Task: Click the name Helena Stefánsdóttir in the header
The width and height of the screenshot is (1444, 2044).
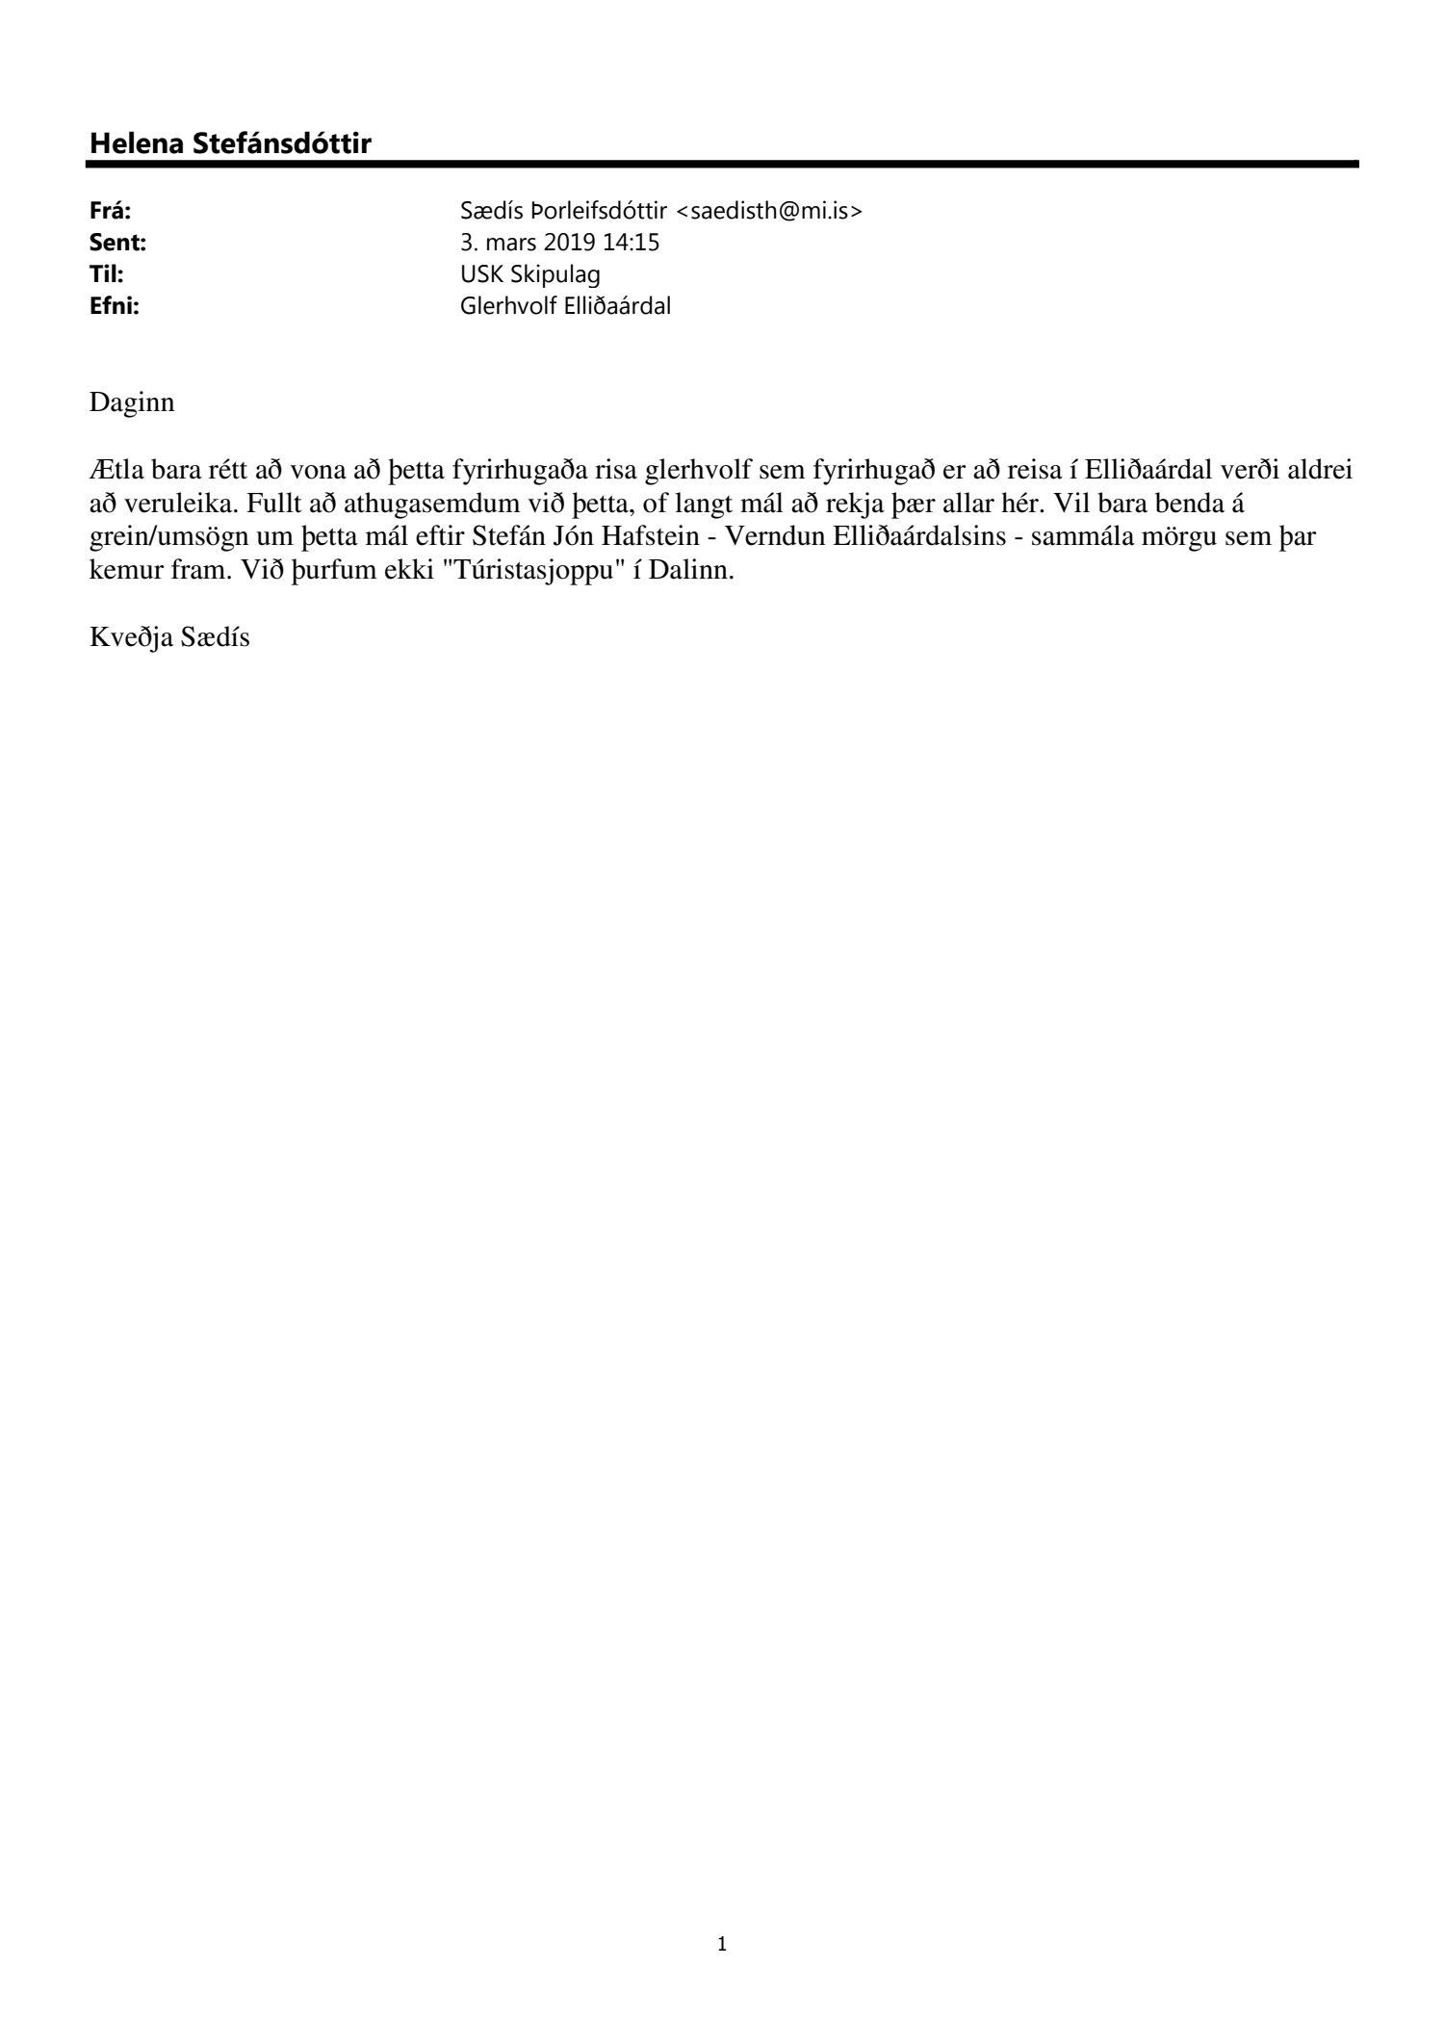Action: (x=230, y=143)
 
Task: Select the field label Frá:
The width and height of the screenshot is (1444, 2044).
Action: (x=110, y=212)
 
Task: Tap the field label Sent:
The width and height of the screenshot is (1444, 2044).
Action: (x=117, y=243)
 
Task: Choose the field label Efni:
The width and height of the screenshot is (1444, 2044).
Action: (x=114, y=306)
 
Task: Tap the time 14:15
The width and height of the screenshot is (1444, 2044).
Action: (x=633, y=243)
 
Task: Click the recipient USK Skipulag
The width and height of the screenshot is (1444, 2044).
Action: (x=530, y=274)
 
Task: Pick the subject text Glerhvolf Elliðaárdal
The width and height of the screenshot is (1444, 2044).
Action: (x=566, y=306)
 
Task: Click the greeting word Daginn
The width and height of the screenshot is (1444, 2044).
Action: (x=132, y=402)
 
